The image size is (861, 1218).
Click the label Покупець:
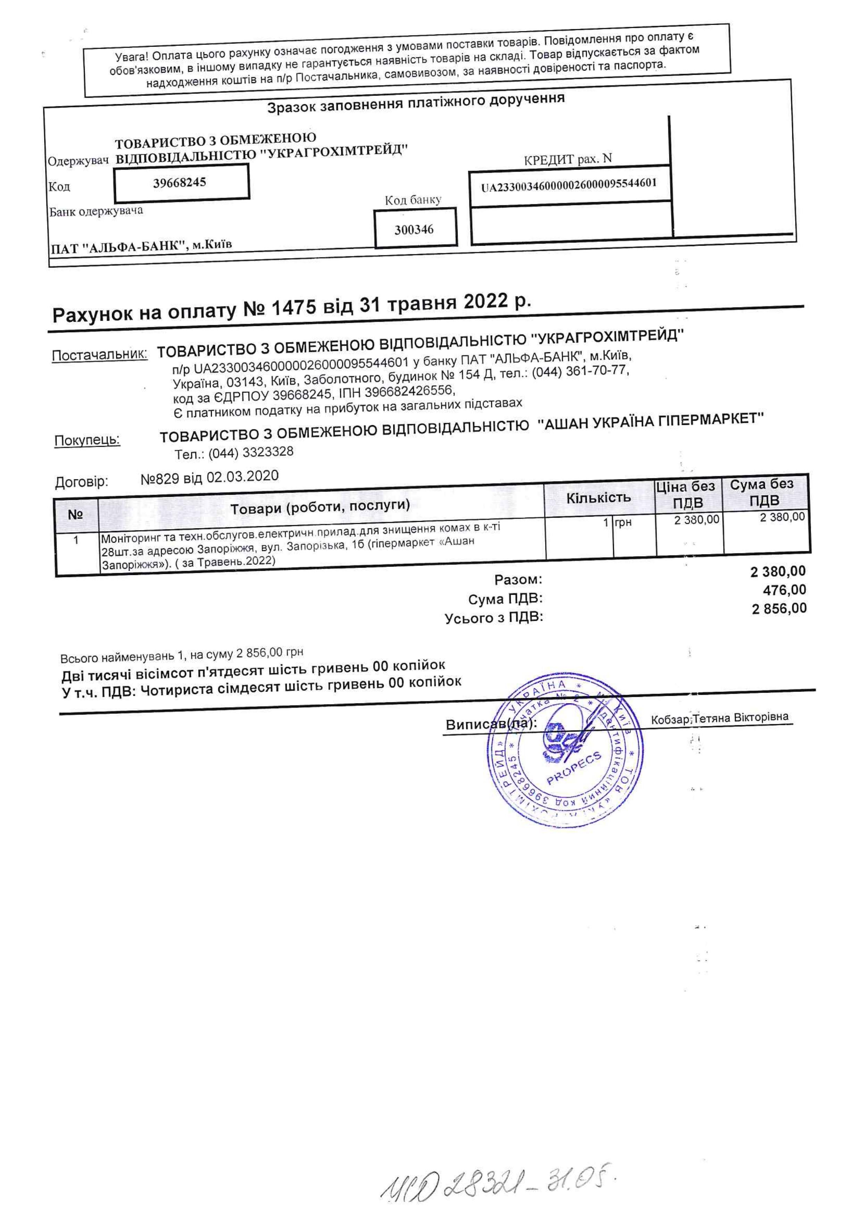point(87,440)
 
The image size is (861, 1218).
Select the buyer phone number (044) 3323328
point(250,452)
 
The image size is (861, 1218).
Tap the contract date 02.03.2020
point(242,476)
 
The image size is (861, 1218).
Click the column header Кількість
point(599,498)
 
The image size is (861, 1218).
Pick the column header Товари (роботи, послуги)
point(320,506)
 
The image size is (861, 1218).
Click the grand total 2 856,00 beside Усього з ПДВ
point(779,608)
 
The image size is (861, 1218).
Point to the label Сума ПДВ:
point(505,599)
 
